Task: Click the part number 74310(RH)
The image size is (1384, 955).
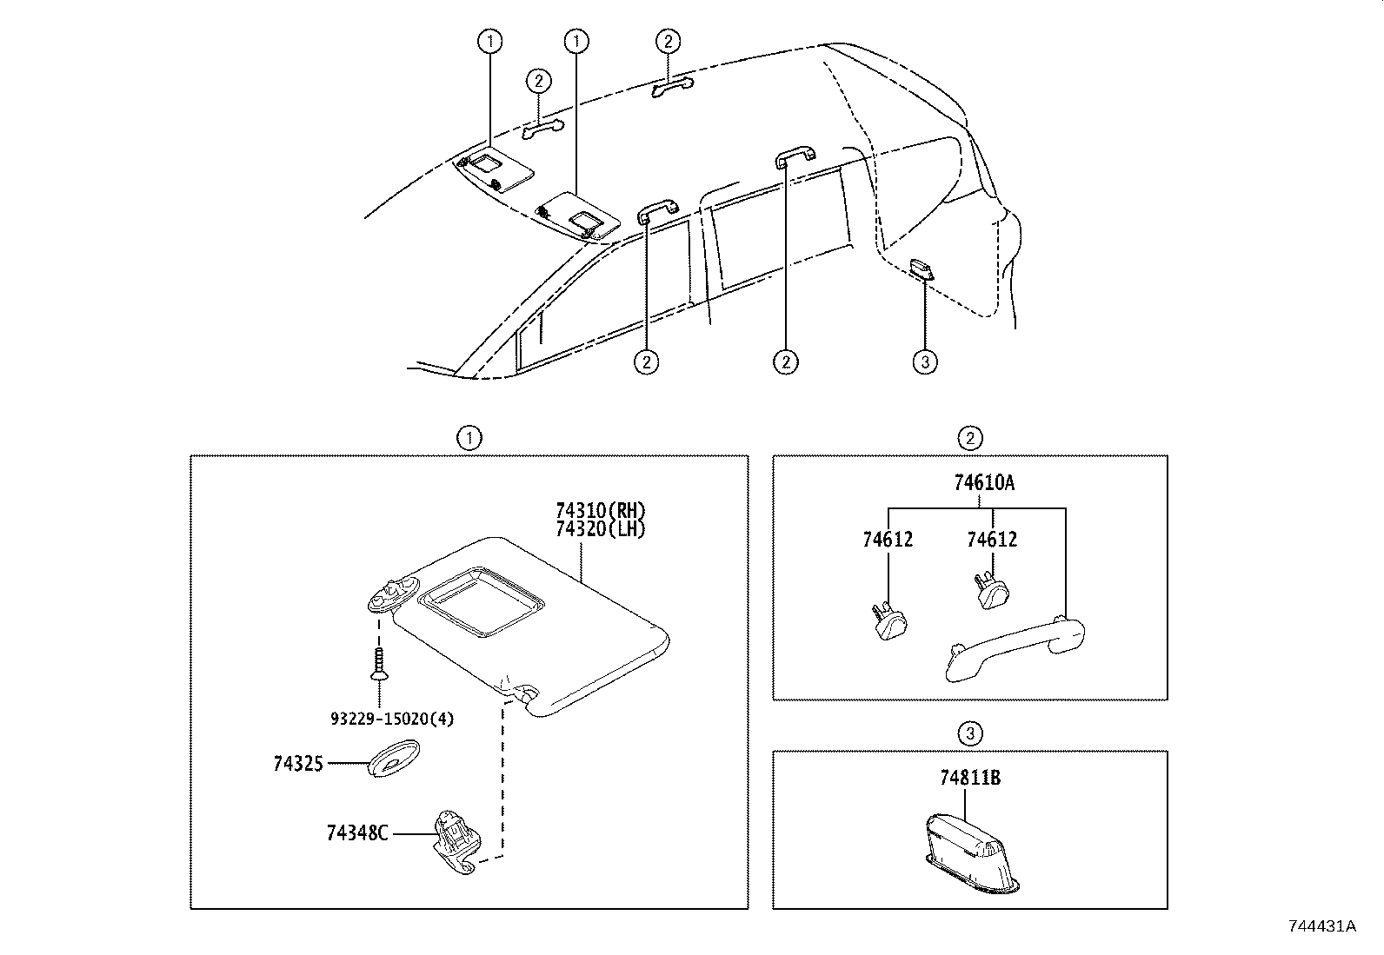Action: click(601, 511)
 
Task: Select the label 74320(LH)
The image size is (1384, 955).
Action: click(601, 528)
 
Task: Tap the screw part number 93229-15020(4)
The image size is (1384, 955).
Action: click(392, 719)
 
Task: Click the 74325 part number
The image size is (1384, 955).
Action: click(298, 764)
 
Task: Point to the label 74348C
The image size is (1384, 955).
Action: click(356, 832)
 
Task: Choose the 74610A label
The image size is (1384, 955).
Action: click(983, 483)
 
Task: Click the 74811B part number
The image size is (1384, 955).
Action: click(969, 778)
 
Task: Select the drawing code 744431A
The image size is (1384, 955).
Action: click(1321, 926)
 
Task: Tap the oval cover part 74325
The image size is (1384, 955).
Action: click(394, 759)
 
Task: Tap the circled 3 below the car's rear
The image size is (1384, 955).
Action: click(925, 361)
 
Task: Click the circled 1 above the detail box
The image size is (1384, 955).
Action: click(469, 439)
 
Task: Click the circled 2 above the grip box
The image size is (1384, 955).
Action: click(969, 439)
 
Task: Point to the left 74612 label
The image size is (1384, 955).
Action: click(888, 540)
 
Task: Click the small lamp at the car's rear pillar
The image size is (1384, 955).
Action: click(921, 268)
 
